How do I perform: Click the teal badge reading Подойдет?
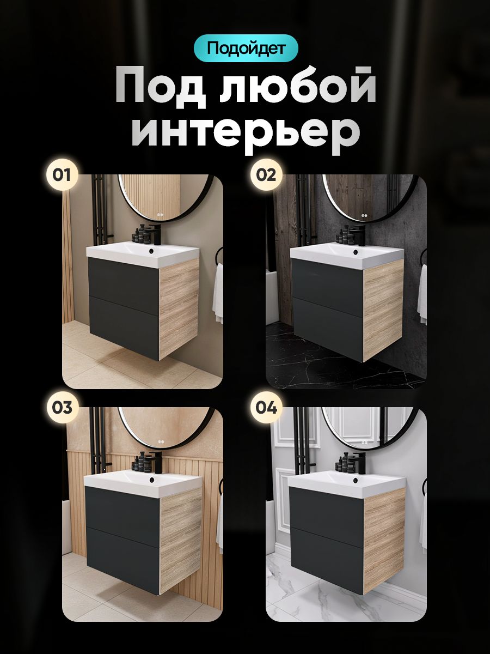[x=246, y=49]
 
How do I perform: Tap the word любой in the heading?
[x=297, y=87]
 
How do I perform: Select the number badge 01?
[x=62, y=175]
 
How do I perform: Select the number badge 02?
[x=266, y=175]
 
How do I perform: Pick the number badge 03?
[x=62, y=407]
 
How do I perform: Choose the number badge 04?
[x=266, y=407]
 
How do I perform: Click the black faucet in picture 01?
[x=155, y=234]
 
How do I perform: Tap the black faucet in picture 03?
[x=156, y=462]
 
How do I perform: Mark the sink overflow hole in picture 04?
[x=354, y=480]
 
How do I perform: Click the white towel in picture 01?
[x=218, y=293]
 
